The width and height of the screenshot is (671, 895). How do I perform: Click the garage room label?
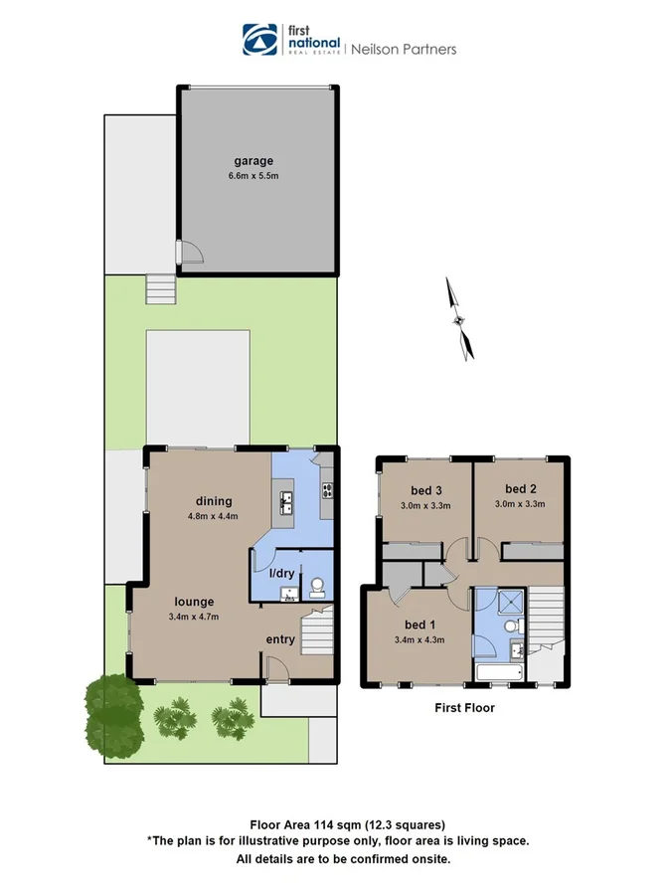click(x=253, y=161)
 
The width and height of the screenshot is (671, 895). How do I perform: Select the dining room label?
click(x=214, y=501)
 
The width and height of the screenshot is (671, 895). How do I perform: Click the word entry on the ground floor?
click(x=280, y=639)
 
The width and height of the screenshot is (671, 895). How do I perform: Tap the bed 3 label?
click(x=426, y=489)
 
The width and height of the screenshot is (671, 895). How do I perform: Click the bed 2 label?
click(x=520, y=489)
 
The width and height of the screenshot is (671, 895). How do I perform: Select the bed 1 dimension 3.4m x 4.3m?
click(x=418, y=639)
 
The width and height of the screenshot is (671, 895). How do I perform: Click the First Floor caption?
click(x=464, y=708)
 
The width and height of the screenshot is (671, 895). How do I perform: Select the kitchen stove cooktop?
click(x=325, y=488)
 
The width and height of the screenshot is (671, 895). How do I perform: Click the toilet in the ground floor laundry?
click(x=318, y=586)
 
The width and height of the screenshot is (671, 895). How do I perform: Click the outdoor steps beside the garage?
click(x=160, y=289)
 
